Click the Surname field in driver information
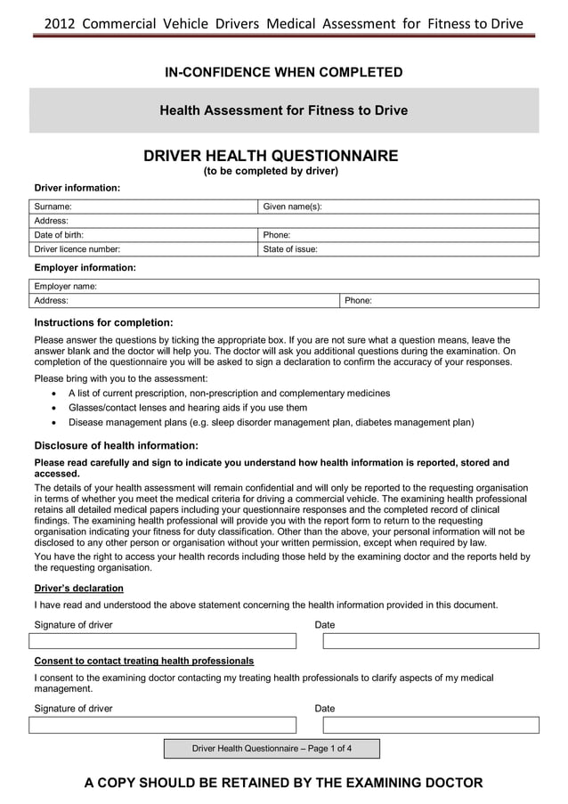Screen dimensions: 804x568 point(142,207)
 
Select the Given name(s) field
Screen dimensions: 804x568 point(398,207)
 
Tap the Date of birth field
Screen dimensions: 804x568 point(142,235)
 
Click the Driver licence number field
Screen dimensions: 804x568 point(142,249)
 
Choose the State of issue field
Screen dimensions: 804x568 point(398,249)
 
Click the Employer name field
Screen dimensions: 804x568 point(285,287)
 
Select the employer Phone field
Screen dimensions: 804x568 point(440,301)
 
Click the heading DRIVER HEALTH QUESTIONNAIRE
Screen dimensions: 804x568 point(271,157)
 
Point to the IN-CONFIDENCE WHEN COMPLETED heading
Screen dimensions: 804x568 point(283,72)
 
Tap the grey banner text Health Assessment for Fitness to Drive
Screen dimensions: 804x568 point(283,111)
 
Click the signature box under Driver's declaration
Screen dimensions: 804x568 point(163,641)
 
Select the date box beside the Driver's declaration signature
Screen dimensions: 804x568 point(431,641)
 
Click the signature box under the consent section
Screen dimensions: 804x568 point(163,725)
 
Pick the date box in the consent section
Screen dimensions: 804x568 point(431,725)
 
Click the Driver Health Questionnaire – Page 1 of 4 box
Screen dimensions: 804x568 point(272,749)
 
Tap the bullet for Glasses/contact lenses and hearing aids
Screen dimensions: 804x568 point(57,408)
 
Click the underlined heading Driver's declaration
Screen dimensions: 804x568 point(78,589)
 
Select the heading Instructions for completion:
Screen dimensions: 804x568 point(103,322)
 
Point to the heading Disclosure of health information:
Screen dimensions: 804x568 point(116,445)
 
